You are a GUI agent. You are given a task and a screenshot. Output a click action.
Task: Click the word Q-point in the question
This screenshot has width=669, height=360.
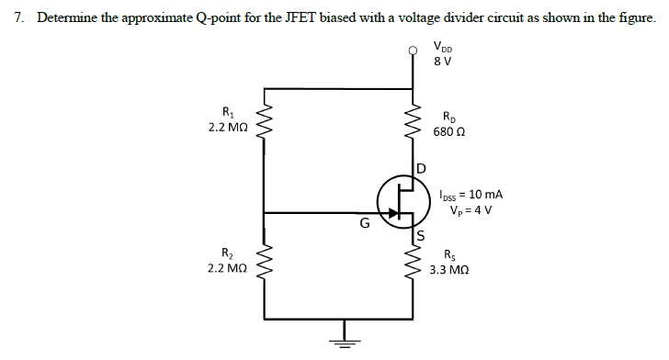coord(223,20)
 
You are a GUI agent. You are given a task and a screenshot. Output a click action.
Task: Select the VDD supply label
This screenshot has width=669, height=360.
coord(446,50)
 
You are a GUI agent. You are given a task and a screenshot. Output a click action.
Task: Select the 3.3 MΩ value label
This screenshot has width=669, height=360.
coord(451,271)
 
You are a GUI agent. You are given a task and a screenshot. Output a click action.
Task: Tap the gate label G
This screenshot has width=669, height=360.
coord(365,222)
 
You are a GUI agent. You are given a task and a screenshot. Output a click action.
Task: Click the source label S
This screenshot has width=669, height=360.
coord(422,235)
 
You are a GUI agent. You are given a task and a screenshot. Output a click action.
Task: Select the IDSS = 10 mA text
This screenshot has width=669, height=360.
coord(471,194)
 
